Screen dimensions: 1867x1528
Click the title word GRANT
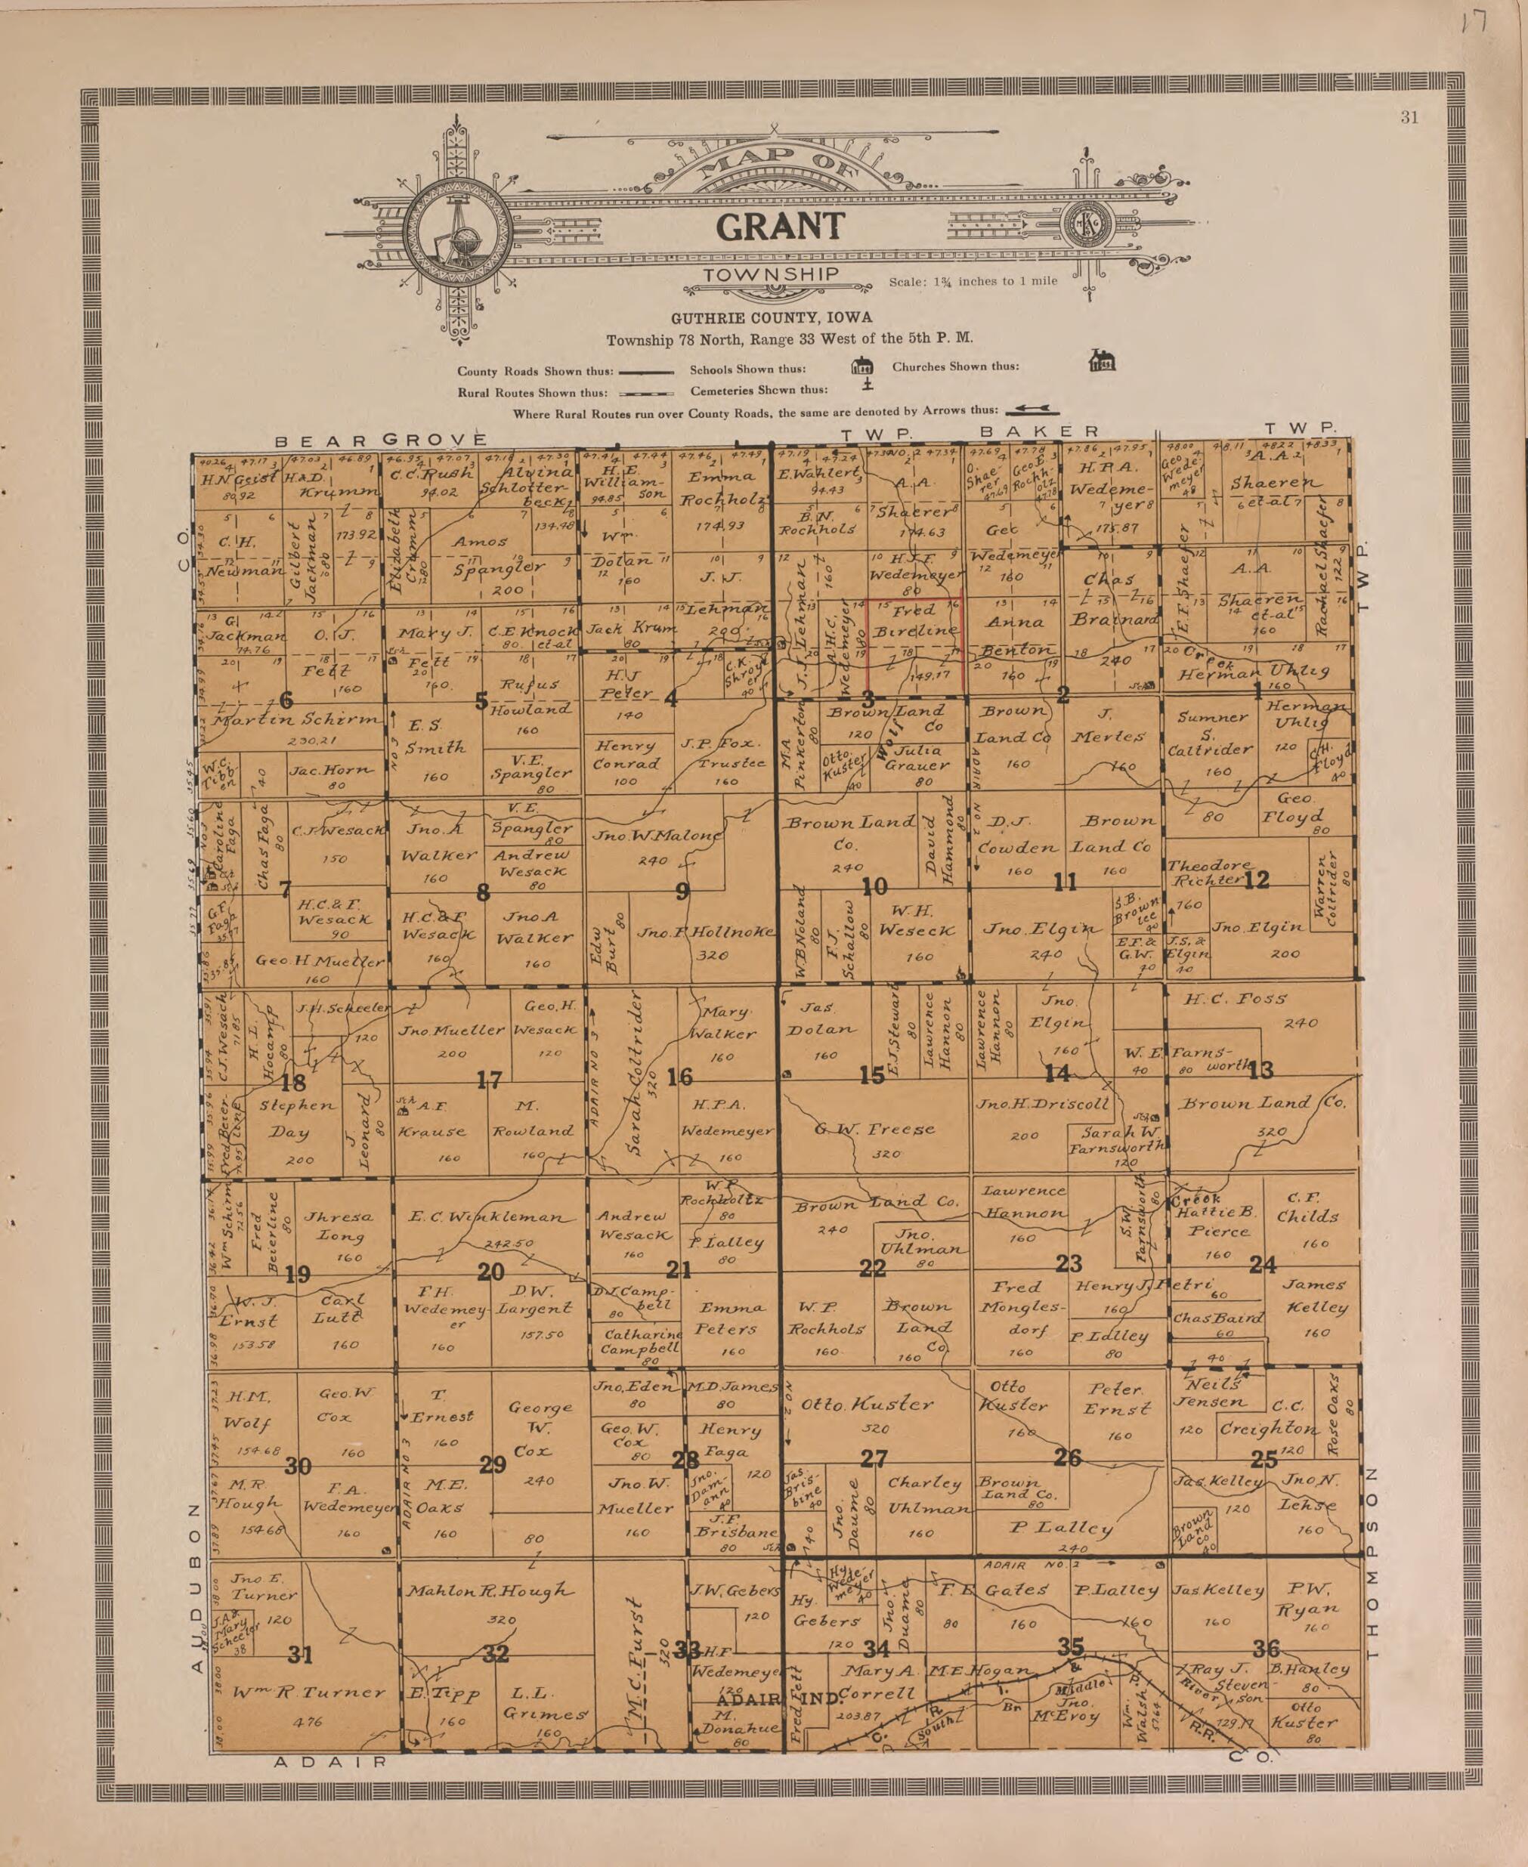pos(780,227)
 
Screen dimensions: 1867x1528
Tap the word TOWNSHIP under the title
pos(771,274)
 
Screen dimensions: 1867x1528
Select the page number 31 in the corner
pos(1409,118)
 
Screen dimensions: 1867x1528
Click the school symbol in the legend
pos(861,366)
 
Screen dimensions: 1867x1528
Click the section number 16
pos(679,1076)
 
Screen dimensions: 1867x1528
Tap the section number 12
pos(1257,879)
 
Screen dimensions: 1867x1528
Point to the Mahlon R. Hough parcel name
pos(490,1590)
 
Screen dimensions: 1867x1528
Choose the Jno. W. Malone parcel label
pos(657,835)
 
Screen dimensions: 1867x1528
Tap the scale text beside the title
pos(973,282)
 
